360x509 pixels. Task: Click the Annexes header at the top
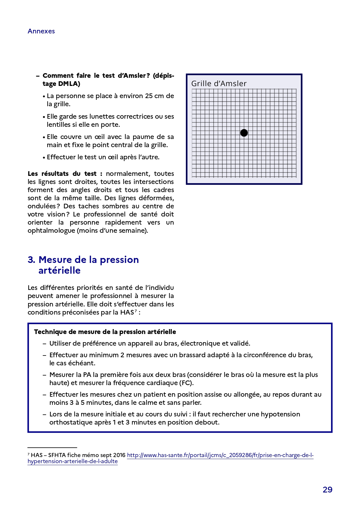41,31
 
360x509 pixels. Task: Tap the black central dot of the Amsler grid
244,133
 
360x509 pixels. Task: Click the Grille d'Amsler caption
219,84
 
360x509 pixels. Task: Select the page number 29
328,490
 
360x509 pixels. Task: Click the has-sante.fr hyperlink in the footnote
220,455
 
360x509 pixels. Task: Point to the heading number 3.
31,260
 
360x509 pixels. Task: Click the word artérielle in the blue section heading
59,270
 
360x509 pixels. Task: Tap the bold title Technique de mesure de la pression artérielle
105,332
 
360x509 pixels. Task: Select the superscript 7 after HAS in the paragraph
135,311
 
